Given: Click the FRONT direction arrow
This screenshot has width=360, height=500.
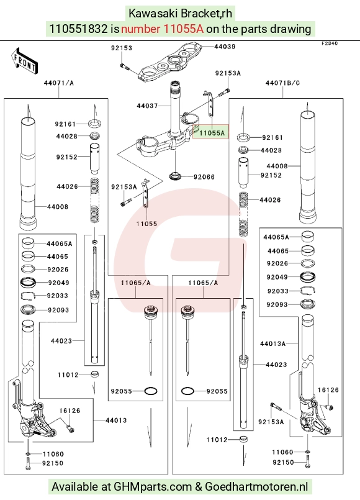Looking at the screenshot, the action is coord(25,61).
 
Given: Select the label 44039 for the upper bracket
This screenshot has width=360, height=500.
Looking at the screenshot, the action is coord(225,47).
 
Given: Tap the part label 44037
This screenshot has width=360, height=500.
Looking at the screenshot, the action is coord(147,106).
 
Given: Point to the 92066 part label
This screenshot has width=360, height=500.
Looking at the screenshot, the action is coord(204,177).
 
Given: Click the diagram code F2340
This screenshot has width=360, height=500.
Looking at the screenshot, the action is coord(330,43).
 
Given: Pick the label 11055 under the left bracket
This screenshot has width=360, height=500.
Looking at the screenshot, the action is coord(146,224).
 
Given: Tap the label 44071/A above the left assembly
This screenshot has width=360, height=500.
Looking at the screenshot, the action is coord(58,83).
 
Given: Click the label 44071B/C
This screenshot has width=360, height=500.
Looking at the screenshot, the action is coord(282,83).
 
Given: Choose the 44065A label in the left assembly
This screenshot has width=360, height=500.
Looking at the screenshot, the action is coord(59,244).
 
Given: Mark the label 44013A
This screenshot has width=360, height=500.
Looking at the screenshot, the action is coord(272,343).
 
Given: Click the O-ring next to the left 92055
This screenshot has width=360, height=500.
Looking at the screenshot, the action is coord(151,391).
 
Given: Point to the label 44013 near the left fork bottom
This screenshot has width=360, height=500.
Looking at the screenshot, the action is coord(116,420).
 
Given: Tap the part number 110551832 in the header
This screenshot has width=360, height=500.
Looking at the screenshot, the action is coord(78,29).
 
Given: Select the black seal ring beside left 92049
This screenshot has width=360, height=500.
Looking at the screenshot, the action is coord(28,283).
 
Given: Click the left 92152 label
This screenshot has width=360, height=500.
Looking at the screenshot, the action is coord(66,157).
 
